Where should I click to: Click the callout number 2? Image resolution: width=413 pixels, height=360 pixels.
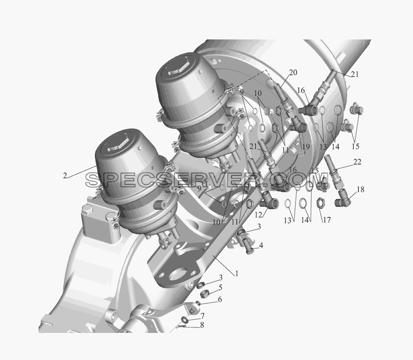[x=65, y=176]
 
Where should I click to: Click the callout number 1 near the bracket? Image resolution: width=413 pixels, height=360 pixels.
[x=236, y=274]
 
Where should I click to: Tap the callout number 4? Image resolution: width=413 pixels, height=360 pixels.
[x=261, y=245]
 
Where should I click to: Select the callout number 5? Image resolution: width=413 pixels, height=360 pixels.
[x=220, y=288]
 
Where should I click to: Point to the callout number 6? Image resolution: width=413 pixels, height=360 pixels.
[x=220, y=299]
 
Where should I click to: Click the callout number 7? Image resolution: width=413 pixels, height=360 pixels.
[x=202, y=316]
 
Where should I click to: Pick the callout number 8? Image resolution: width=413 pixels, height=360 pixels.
[x=202, y=325]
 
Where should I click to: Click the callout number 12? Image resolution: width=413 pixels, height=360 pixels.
[x=259, y=215]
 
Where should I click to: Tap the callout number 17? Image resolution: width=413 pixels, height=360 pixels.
[x=327, y=220]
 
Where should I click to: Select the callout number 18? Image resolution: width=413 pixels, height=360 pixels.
[x=360, y=189]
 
